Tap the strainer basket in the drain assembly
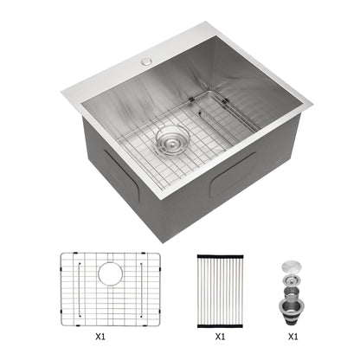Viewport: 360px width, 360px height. click(292, 281)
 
